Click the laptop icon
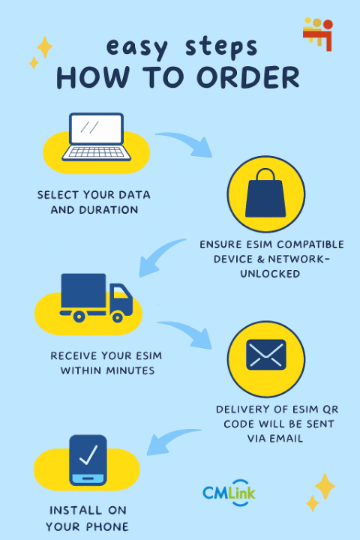pyautogui.click(x=97, y=136)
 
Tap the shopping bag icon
pyautogui.click(x=265, y=193)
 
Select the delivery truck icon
pyautogui.click(x=96, y=298)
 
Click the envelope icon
pyautogui.click(x=266, y=354)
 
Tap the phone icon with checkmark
pyautogui.click(x=88, y=460)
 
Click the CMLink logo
pyautogui.click(x=229, y=493)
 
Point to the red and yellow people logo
pyautogui.click(x=318, y=34)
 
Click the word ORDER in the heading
pyautogui.click(x=248, y=77)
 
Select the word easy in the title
pyautogui.click(x=137, y=47)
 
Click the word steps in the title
pyautogui.click(x=221, y=47)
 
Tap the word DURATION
pyautogui.click(x=109, y=210)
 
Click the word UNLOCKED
pyautogui.click(x=270, y=274)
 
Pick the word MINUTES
pyautogui.click(x=130, y=370)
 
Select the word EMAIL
pyautogui.click(x=286, y=439)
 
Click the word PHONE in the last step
pyautogui.click(x=107, y=526)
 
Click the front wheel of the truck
pyautogui.click(x=118, y=316)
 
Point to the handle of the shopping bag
pyautogui.click(x=265, y=174)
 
